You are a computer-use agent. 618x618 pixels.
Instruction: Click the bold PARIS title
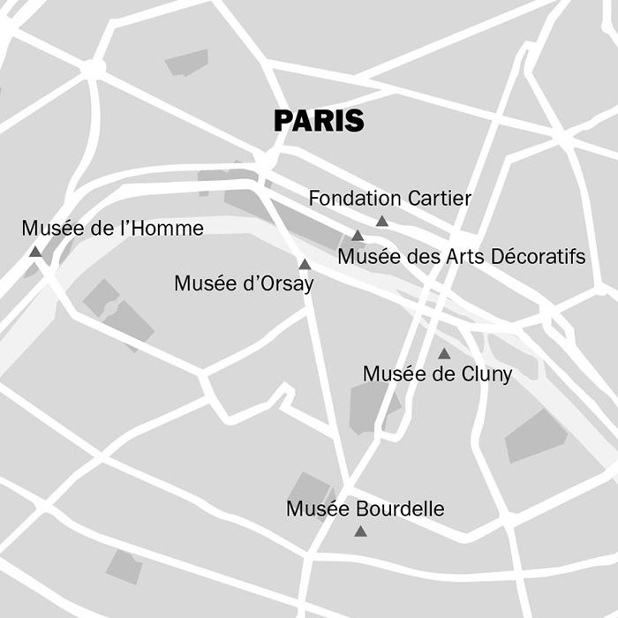point(319,121)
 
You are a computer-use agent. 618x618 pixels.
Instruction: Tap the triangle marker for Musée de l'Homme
point(35,252)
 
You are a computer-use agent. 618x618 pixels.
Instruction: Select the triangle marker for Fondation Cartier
point(381,221)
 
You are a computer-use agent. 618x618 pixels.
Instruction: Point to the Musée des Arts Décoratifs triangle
point(358,236)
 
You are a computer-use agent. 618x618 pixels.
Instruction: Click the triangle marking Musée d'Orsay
point(305,264)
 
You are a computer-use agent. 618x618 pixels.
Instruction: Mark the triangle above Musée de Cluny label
point(444,354)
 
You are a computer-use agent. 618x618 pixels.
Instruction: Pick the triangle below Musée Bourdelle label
point(360,531)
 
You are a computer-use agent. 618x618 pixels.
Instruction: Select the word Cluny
point(486,374)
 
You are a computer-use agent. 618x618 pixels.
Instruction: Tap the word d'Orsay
point(276,283)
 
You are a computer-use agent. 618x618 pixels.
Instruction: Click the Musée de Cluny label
point(437,374)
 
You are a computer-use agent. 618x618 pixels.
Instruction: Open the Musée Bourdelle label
point(365,509)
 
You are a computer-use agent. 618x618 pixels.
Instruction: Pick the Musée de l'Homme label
point(112,229)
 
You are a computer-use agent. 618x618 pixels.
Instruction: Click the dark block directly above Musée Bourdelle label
point(310,488)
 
